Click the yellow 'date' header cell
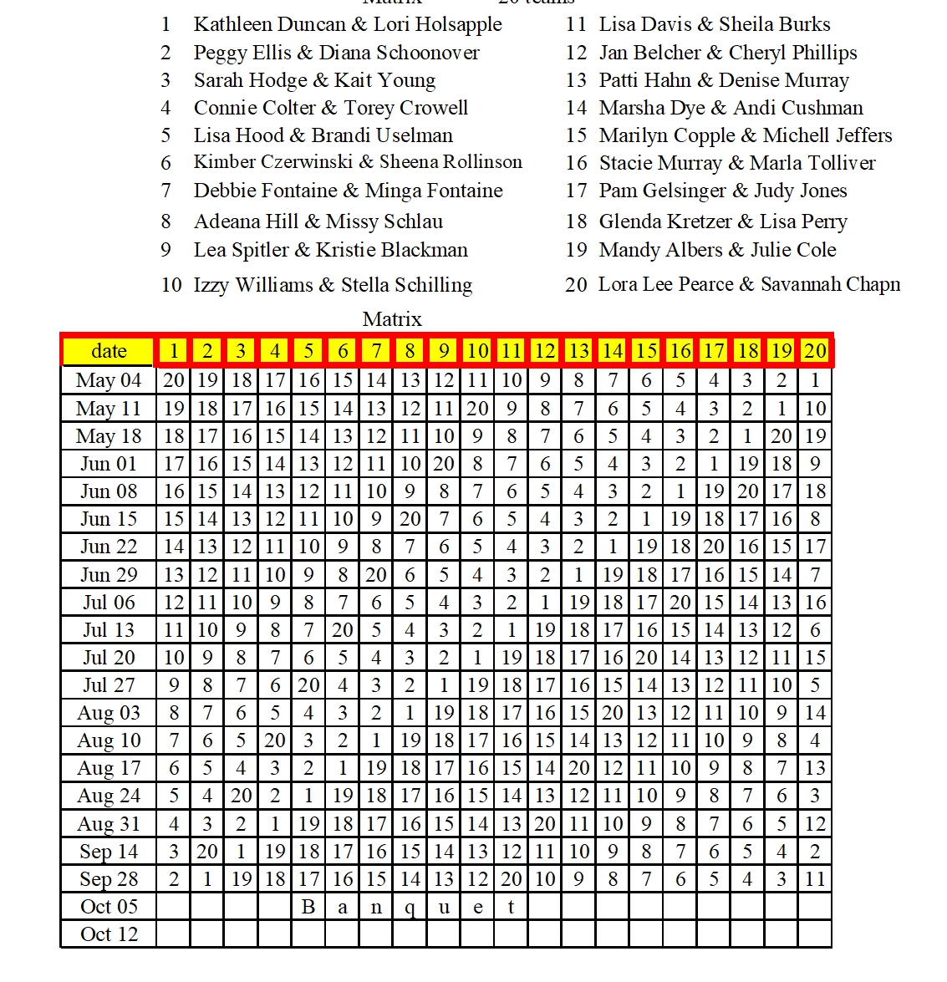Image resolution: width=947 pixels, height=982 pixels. [109, 351]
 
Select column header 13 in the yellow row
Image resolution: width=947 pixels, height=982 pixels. [578, 351]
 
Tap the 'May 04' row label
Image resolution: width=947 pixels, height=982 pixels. [109, 380]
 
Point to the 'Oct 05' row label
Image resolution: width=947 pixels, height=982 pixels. [109, 907]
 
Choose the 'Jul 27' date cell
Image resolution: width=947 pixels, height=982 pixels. [109, 685]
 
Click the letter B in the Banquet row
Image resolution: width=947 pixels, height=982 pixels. [308, 907]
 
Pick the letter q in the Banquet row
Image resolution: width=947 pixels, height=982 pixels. [410, 908]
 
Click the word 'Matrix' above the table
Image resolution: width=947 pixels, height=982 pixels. [392, 319]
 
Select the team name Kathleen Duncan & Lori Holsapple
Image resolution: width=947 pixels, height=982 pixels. [348, 24]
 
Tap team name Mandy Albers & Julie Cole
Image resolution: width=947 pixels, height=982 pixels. [717, 250]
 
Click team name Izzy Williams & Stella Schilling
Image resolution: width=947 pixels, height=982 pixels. [333, 285]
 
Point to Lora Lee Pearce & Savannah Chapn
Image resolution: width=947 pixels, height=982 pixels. [749, 284]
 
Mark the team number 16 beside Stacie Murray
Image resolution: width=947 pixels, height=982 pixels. [577, 163]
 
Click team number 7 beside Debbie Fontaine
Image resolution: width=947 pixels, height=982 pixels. [166, 191]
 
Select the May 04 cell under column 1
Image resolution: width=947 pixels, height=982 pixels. [174, 380]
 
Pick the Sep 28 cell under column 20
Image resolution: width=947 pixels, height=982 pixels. [815, 879]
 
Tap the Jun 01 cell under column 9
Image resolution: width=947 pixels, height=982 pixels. [444, 464]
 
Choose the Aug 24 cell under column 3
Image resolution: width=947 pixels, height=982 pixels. [242, 796]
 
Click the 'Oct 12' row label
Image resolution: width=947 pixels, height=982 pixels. [109, 934]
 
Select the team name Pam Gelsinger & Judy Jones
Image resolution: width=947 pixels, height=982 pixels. [723, 191]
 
